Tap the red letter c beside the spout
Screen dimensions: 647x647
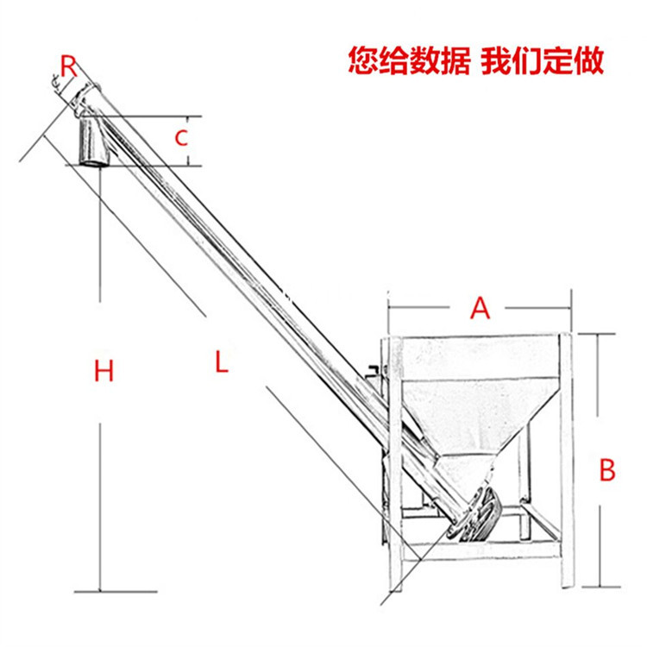pos(181,138)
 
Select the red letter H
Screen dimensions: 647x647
pos(104,372)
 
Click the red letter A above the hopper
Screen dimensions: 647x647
pos(480,308)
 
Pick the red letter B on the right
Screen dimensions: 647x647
pos(607,471)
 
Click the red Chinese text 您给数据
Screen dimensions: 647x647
pos(409,61)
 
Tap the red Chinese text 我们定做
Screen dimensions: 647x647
pos(543,61)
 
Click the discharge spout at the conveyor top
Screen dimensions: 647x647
pos(92,143)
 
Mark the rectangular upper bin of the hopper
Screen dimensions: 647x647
pos(479,357)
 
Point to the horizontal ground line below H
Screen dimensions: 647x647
pos(116,591)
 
